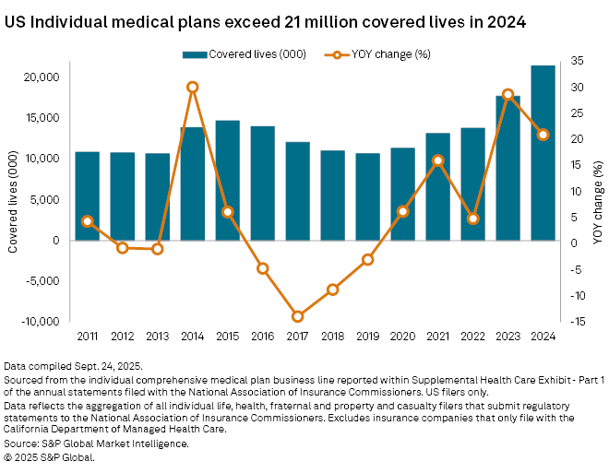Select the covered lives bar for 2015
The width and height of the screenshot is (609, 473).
[x=227, y=180]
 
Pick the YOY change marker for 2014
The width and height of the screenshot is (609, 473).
[x=192, y=88]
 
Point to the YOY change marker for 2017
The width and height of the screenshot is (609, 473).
[x=298, y=316]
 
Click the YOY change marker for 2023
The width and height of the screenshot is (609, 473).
[x=508, y=95]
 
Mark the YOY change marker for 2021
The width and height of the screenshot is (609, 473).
[x=438, y=160]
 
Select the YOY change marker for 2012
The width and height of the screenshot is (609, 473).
[x=122, y=248]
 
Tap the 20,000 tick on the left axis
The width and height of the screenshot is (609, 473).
[x=43, y=77]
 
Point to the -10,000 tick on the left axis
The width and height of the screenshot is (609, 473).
[x=42, y=322]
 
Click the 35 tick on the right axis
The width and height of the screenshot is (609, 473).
[x=577, y=61]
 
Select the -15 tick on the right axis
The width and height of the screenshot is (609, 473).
[x=578, y=322]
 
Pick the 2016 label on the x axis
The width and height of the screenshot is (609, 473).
[x=263, y=336]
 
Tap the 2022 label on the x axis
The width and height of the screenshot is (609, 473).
[x=473, y=336]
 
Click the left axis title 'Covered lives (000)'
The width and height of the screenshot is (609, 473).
[x=13, y=198]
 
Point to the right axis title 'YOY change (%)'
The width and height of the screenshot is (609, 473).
[x=597, y=198]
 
